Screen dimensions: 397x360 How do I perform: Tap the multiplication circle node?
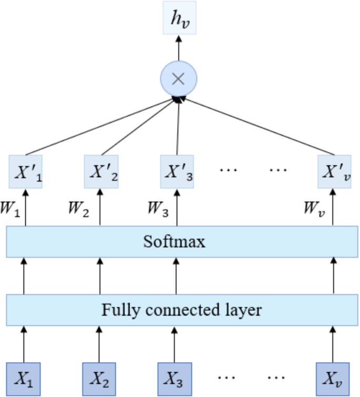(x=178, y=79)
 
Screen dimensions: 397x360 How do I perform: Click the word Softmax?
(x=174, y=242)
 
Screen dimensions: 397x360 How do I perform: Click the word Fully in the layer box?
(x=115, y=310)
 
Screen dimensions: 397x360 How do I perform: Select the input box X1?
(x=23, y=378)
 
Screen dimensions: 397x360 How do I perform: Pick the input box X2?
(x=99, y=378)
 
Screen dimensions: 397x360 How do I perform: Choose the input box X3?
(x=175, y=378)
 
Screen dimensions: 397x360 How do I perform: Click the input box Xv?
(x=332, y=378)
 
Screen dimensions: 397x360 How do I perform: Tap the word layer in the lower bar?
(x=241, y=310)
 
